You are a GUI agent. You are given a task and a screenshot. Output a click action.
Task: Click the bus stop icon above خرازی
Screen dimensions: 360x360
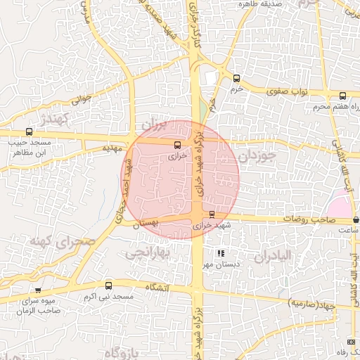click(x=176, y=145)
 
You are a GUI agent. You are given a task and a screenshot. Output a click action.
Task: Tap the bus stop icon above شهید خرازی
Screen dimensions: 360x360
click(x=212, y=214)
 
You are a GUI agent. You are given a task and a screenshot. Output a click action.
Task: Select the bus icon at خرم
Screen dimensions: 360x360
click(x=236, y=78)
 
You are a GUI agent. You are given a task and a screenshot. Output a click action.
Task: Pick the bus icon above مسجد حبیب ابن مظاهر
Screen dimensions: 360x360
click(x=29, y=131)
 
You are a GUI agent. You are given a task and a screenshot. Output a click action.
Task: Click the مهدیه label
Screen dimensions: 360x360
click(x=112, y=148)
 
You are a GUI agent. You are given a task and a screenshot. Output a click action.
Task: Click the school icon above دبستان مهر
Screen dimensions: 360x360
click(x=221, y=252)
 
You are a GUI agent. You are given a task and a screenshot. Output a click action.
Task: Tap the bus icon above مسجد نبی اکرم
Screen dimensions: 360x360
click(x=108, y=285)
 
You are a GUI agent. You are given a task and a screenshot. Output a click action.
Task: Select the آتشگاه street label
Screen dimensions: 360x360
click(x=157, y=288)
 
